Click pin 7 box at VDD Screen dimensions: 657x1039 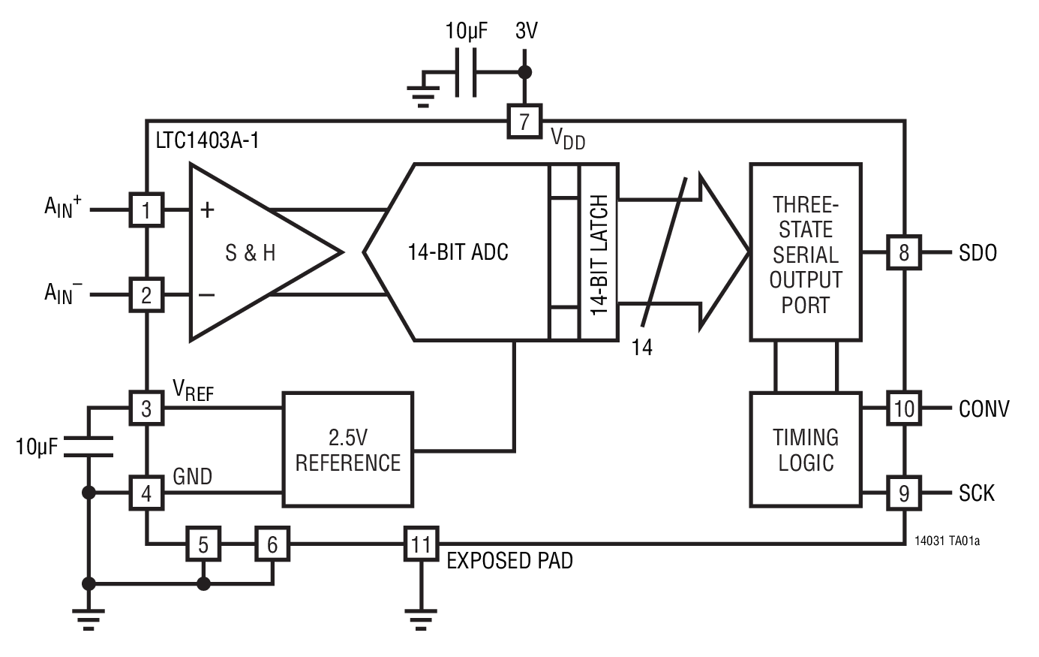(524, 121)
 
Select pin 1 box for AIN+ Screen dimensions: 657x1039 (146, 209)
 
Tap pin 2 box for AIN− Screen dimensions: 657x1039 (146, 294)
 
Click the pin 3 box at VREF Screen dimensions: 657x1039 (146, 408)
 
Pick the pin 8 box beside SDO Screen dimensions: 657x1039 (904, 252)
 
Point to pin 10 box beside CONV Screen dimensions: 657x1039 (904, 408)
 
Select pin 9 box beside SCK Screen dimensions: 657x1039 (904, 493)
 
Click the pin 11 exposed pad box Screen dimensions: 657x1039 (421, 543)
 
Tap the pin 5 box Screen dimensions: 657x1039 (203, 543)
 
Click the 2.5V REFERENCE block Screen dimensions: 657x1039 (347, 449)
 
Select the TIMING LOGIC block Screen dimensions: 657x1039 (806, 449)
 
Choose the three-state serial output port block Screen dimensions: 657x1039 (806, 252)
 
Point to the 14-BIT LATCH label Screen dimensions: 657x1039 (599, 253)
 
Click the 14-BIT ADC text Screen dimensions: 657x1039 (458, 252)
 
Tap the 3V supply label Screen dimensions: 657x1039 (526, 31)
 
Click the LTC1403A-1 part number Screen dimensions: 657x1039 (207, 141)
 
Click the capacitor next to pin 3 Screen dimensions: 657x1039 (89, 446)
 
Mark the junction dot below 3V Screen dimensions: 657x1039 (525, 72)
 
